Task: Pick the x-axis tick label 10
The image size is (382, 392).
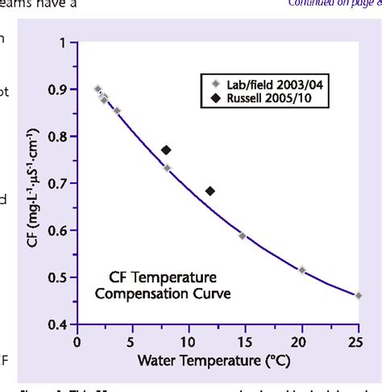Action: (x=189, y=341)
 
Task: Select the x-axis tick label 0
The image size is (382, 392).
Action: (x=77, y=341)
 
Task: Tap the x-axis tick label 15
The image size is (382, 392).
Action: (x=245, y=341)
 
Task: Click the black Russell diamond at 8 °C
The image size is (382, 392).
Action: (x=166, y=150)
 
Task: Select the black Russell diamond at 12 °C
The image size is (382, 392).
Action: (x=210, y=191)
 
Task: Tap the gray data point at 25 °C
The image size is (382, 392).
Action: (x=358, y=295)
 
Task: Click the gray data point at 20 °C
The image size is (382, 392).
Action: (x=301, y=270)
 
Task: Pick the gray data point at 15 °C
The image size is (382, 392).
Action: (x=243, y=236)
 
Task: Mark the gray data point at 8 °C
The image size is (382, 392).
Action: (x=167, y=168)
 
